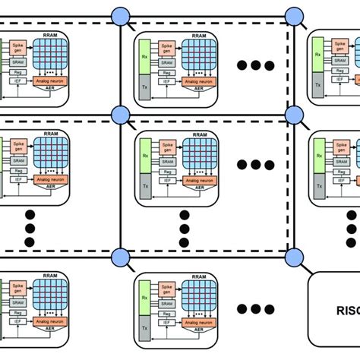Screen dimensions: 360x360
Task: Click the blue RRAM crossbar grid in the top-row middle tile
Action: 198,53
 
